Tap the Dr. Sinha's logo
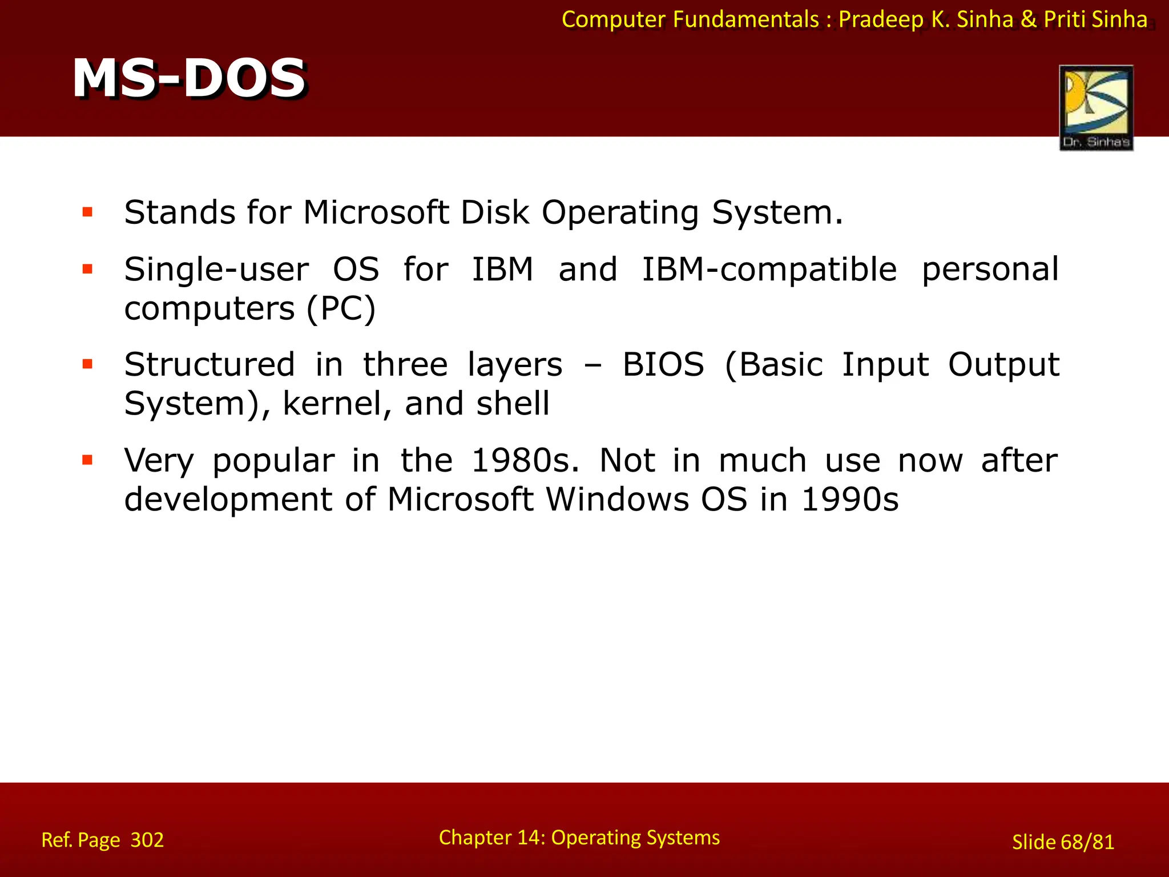point(1096,107)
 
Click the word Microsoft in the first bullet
point(376,212)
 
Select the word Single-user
point(216,269)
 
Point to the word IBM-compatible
point(769,269)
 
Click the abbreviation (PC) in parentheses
point(341,309)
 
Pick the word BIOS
point(663,365)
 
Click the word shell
point(513,404)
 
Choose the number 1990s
point(849,500)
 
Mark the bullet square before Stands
point(87,213)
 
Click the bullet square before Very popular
point(87,460)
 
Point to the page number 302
point(147,840)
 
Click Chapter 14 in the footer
point(491,838)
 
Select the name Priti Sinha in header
point(1095,19)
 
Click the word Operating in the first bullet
point(620,214)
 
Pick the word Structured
point(209,365)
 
